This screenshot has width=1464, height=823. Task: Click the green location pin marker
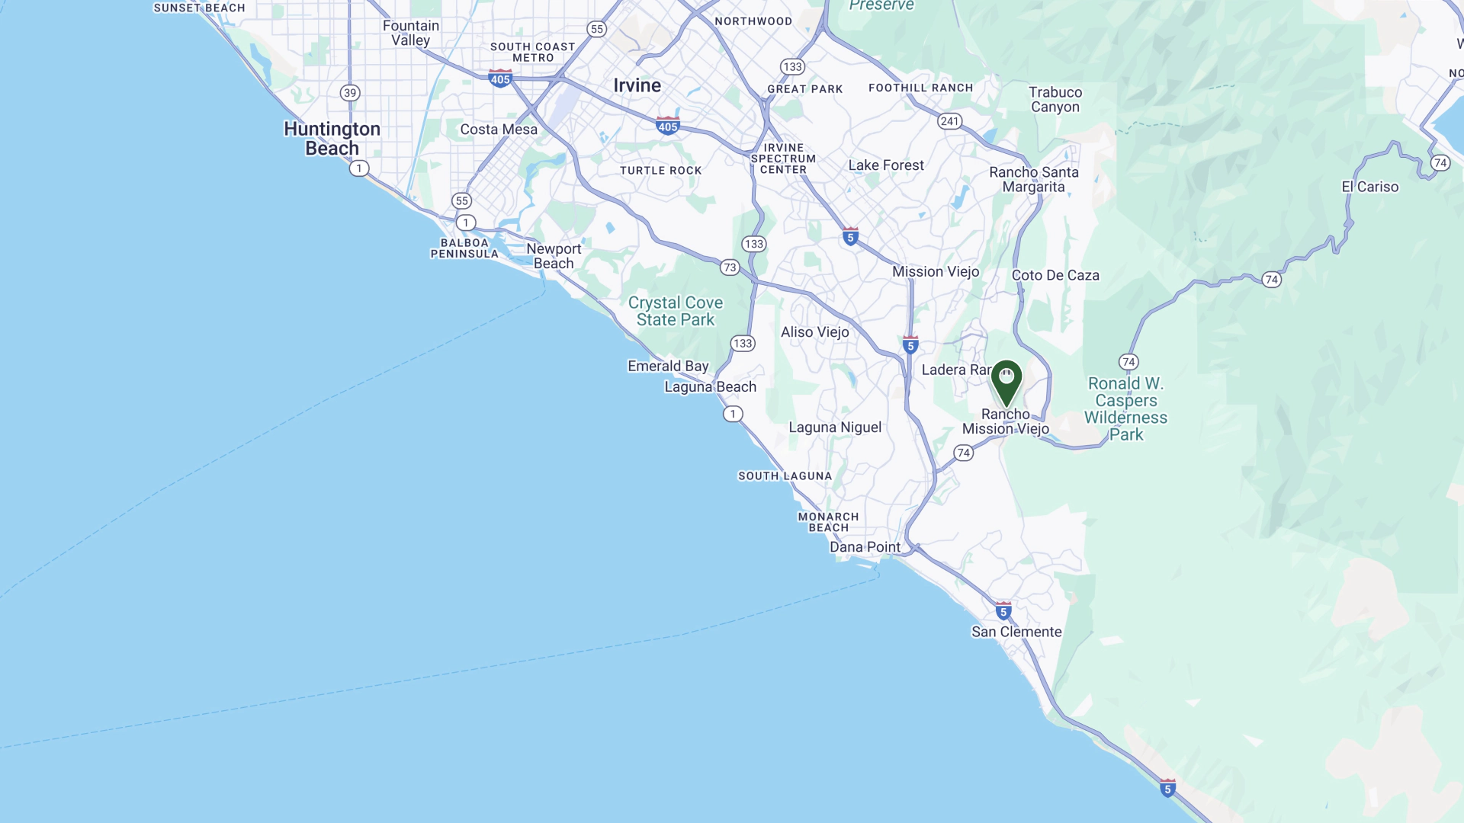pos(1006,381)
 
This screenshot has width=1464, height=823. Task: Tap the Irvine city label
pos(637,85)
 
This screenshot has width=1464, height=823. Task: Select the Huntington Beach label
pos(332,138)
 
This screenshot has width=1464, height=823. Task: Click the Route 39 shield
pos(349,93)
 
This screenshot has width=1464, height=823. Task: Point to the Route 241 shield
pos(949,121)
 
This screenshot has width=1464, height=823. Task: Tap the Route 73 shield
pos(730,267)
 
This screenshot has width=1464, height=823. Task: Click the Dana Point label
pos(865,547)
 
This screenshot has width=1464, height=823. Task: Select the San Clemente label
pos(1016,632)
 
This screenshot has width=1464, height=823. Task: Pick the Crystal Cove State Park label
pos(675,311)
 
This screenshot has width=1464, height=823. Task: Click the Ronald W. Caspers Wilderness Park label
pos(1125,408)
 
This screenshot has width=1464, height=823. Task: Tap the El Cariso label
pos(1369,187)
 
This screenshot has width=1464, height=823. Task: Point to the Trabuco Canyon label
pos(1055,99)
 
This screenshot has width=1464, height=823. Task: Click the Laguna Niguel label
pos(835,428)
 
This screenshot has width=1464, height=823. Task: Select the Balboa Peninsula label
pos(464,248)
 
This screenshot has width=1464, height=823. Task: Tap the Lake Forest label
pos(885,165)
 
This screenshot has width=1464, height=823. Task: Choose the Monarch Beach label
pos(828,522)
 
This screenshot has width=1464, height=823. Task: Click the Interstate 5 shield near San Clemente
pos(1003,610)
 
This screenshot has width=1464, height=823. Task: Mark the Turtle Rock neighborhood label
pos(660,171)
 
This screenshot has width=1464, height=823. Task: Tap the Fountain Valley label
pos(410,33)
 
